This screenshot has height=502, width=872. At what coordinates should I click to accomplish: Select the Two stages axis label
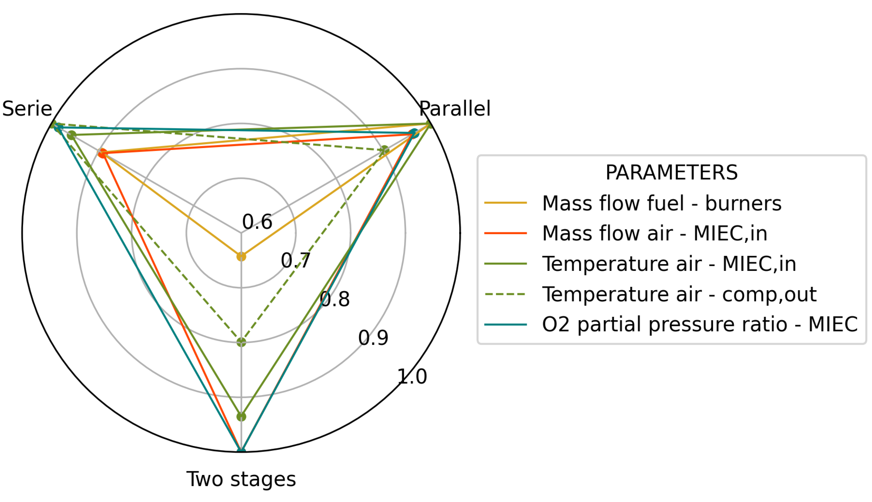[241, 479]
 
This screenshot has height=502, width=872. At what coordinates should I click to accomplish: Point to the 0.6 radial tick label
[257, 221]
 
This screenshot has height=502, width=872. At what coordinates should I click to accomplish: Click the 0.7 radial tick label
[296, 260]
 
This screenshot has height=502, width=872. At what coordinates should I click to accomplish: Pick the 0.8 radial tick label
[334, 299]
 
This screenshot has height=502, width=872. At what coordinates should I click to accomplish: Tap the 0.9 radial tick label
[373, 337]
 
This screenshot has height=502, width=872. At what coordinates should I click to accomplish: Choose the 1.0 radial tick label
[412, 376]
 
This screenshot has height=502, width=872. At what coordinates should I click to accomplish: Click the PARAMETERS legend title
[671, 172]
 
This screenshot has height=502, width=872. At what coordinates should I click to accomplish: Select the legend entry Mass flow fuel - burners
[662, 203]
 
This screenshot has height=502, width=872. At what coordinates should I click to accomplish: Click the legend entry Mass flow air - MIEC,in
[654, 233]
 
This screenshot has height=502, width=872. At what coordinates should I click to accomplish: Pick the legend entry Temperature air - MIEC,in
[669, 264]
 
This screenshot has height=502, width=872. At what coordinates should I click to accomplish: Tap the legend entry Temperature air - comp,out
[679, 294]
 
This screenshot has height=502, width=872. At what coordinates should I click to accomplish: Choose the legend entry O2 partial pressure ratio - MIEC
[700, 324]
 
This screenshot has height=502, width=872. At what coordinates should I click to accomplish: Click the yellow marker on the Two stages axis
[241, 256]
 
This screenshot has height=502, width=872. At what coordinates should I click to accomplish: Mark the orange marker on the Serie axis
[102, 153]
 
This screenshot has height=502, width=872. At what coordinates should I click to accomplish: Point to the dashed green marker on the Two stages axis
[241, 342]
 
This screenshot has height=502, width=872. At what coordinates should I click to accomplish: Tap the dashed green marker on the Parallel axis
[384, 150]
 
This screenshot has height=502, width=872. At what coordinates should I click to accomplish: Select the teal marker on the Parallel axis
[414, 133]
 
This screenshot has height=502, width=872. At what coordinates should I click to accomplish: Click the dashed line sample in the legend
[505, 294]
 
